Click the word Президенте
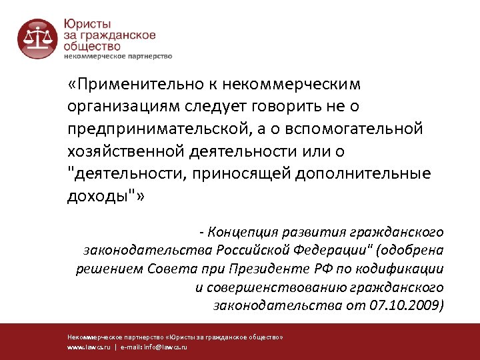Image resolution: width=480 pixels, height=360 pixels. click(x=285, y=269)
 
